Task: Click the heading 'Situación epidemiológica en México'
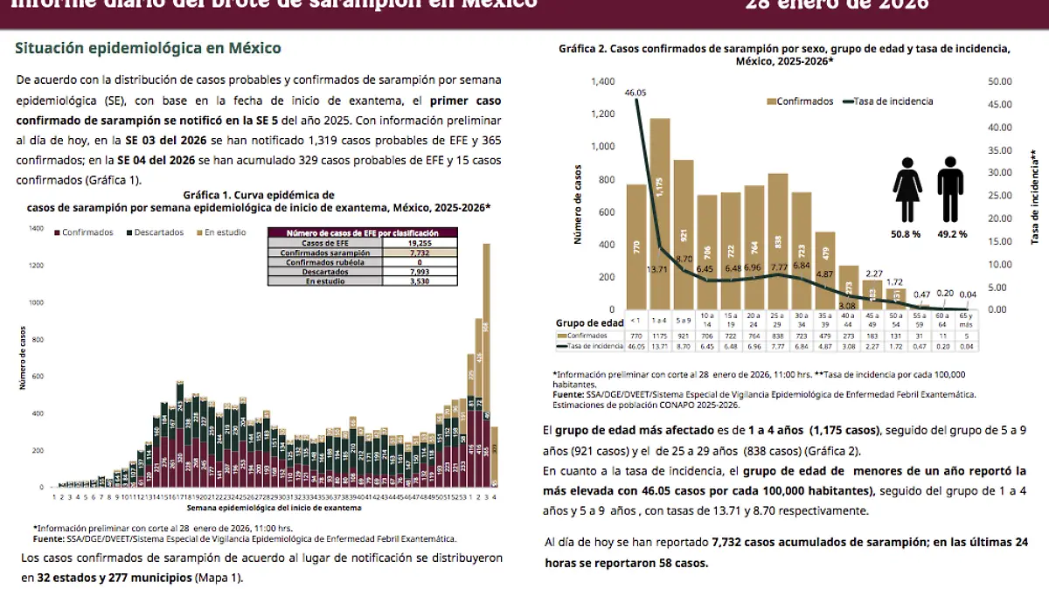(149, 47)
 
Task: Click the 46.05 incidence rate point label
(636, 93)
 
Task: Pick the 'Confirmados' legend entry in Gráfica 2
(800, 101)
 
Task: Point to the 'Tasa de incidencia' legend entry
(888, 101)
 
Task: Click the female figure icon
(907, 191)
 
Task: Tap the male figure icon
(950, 191)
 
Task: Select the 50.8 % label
(905, 234)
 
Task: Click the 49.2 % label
(952, 234)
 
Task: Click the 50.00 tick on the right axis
(1000, 81)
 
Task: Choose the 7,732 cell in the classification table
(422, 253)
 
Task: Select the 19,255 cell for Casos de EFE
(422, 243)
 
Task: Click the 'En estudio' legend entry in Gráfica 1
(222, 232)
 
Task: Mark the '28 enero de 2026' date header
(837, 5)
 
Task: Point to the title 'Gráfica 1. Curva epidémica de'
(259, 195)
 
